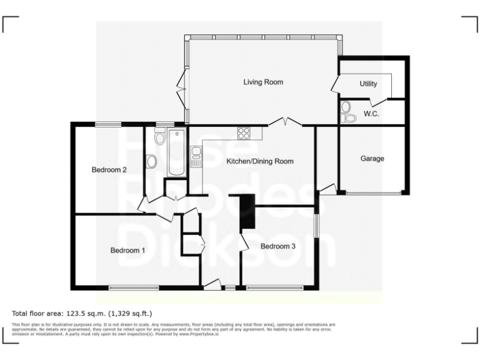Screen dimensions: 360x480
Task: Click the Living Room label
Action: pyautogui.click(x=263, y=82)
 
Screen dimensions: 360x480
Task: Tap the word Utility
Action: pyautogui.click(x=369, y=84)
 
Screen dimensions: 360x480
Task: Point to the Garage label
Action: pyautogui.click(x=372, y=159)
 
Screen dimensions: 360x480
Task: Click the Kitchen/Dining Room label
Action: pyautogui.click(x=259, y=161)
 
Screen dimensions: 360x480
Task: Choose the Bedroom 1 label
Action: pyautogui.click(x=127, y=250)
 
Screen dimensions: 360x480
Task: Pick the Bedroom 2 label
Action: pyautogui.click(x=109, y=169)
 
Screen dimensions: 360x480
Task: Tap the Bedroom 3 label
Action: pyautogui.click(x=278, y=246)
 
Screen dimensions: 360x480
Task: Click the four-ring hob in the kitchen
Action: pyautogui.click(x=244, y=132)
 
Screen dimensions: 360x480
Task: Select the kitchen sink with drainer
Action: pyautogui.click(x=196, y=156)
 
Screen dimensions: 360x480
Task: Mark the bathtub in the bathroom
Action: pyautogui.click(x=176, y=152)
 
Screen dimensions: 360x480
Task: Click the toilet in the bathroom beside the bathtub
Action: pyautogui.click(x=151, y=162)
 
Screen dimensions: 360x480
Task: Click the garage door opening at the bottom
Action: pyautogui.click(x=374, y=194)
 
